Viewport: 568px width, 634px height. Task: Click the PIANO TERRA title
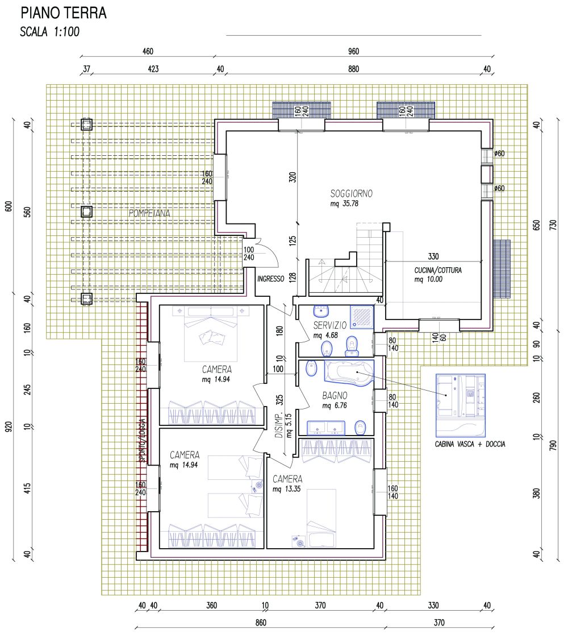[64, 13]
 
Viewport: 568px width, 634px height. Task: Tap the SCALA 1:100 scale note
[49, 31]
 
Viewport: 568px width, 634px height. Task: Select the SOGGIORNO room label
[351, 194]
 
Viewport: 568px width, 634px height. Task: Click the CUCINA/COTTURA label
[438, 270]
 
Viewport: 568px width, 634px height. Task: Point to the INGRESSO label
[271, 279]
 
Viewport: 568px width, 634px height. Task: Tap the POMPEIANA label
[149, 213]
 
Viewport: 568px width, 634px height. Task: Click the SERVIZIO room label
[329, 325]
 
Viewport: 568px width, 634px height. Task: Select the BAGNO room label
[335, 395]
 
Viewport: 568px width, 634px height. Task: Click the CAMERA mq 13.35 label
[287, 483]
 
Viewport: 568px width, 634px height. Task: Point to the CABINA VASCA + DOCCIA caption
[470, 444]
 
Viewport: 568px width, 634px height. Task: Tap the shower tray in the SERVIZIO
[362, 317]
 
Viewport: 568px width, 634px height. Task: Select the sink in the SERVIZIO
[321, 311]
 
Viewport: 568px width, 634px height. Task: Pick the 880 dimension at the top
[353, 69]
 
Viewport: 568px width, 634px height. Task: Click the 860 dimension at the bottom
[261, 622]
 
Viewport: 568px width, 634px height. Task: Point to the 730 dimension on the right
[553, 225]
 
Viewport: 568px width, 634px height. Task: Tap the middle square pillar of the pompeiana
[86, 212]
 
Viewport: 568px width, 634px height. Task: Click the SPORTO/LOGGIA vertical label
[142, 440]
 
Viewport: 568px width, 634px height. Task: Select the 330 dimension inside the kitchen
[433, 256]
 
